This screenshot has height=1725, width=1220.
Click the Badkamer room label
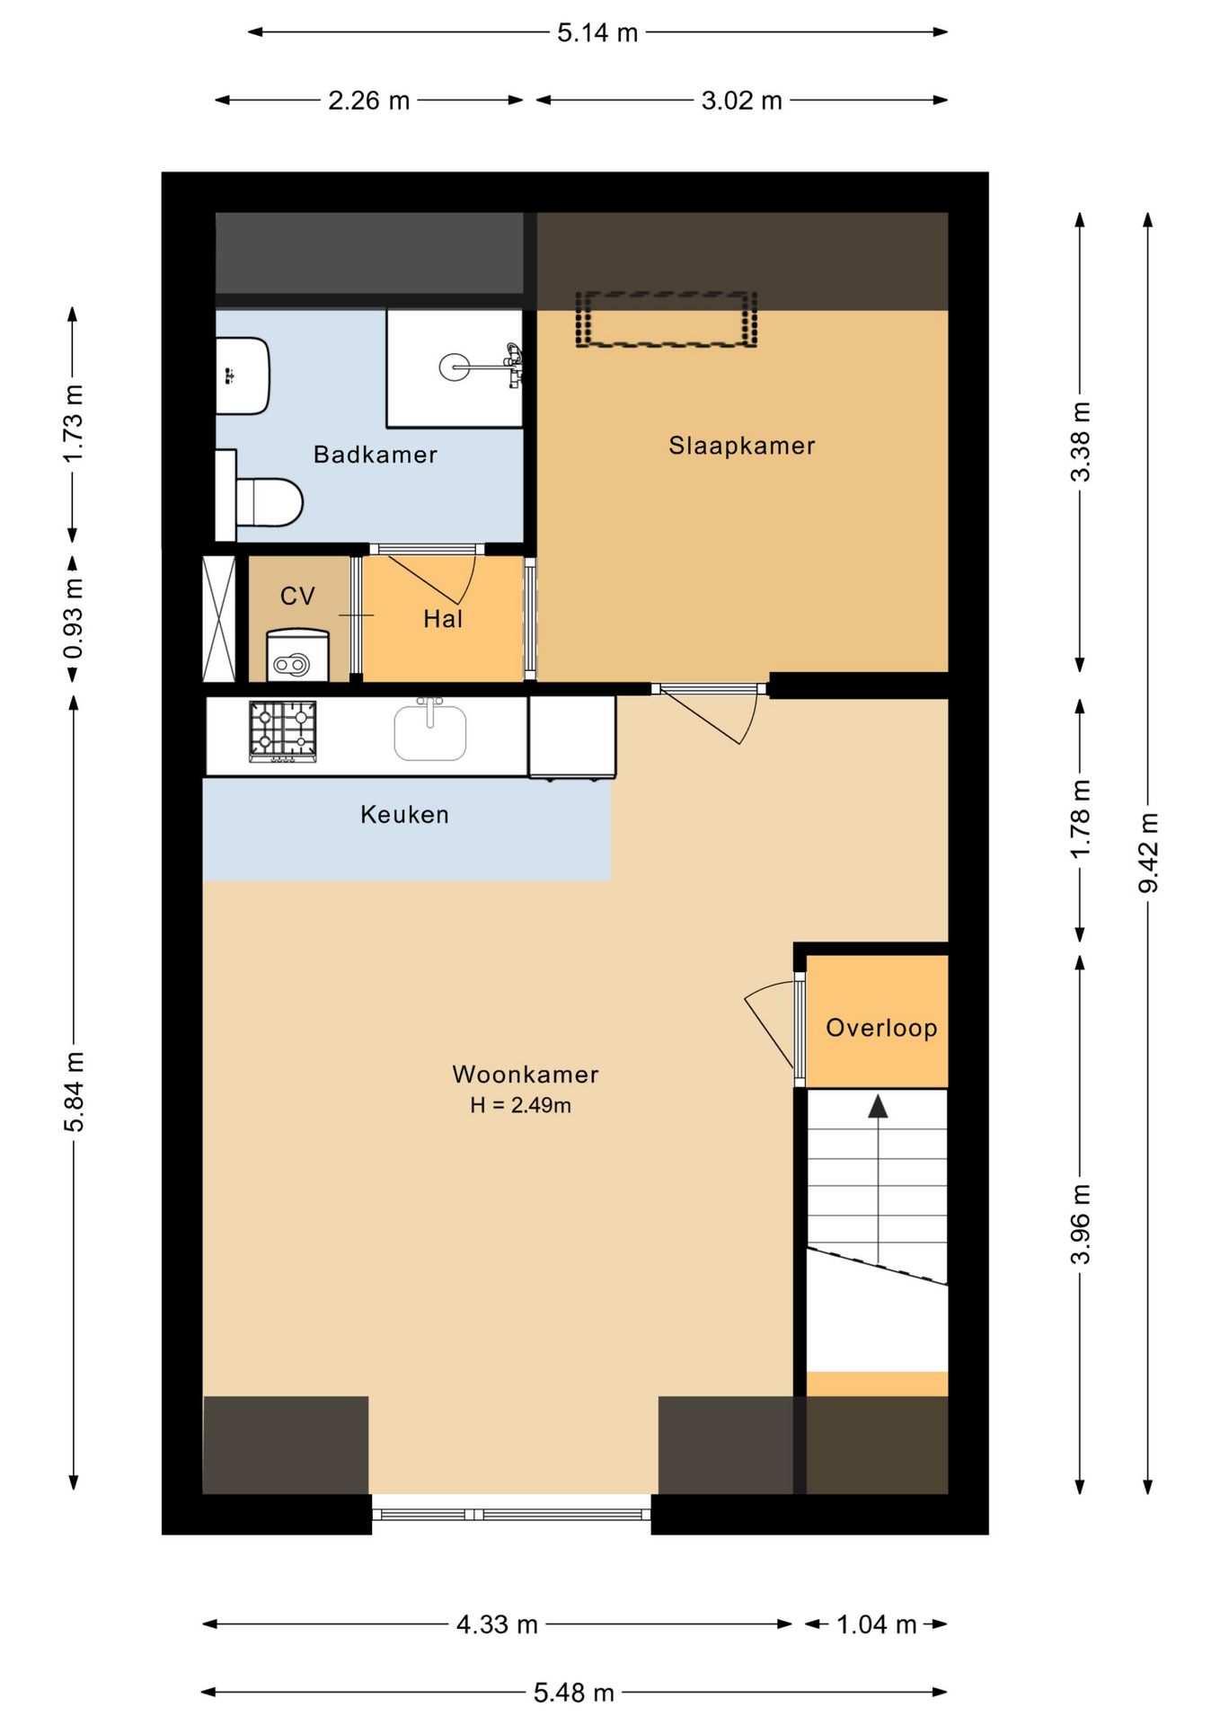coord(375,455)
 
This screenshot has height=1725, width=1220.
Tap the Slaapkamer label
coord(741,446)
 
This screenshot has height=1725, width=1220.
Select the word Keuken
coord(404,815)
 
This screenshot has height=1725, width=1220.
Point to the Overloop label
coord(881,1028)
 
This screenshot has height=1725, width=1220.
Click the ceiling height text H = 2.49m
coord(520,1105)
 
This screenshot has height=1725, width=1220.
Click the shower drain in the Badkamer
coord(454,367)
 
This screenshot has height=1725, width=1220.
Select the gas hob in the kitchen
coord(283,731)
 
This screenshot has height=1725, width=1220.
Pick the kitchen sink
coord(430,730)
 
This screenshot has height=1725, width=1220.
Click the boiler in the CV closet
coord(297,655)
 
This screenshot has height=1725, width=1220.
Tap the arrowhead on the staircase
coord(878,1106)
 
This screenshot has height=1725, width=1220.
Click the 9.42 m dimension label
coord(1148,853)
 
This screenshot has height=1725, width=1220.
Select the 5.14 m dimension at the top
coord(597,33)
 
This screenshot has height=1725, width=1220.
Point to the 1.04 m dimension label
coord(876,1624)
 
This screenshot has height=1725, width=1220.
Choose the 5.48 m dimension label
coord(574,1693)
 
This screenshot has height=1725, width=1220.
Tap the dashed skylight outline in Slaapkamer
coord(666,319)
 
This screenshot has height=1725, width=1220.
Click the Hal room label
coord(443,619)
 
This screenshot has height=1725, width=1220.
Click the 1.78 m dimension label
coord(1080,818)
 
